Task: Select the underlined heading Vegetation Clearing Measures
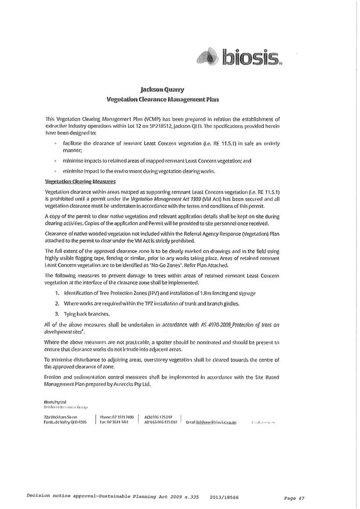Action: coord(81,181)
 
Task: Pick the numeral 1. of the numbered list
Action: coord(57,293)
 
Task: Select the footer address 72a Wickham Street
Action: coord(61,417)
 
